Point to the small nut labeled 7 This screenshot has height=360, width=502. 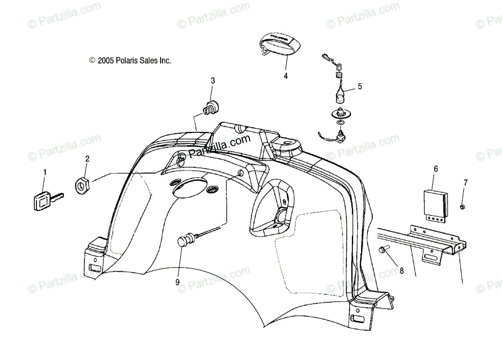tap(463, 206)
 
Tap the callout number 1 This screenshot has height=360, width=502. tap(45, 172)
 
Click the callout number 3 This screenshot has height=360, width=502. tap(213, 80)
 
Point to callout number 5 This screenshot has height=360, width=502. tap(360, 87)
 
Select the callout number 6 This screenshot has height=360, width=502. tap(435, 169)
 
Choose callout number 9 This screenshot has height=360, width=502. tap(177, 283)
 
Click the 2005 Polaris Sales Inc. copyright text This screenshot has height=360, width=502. tap(130, 61)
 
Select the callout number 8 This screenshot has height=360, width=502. tap(402, 271)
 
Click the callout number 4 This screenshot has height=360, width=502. tap(286, 76)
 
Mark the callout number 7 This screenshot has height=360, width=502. tap(466, 183)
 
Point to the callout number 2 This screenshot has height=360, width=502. tap(87, 159)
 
